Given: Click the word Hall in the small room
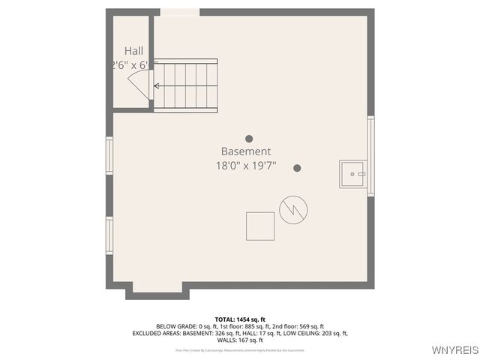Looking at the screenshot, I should pos(134,51).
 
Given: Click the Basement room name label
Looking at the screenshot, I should pos(245,151).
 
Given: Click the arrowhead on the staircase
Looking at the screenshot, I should pos(157,85).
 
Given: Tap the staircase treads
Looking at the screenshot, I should pos(187,85).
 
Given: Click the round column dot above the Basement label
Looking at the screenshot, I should pos(249,139).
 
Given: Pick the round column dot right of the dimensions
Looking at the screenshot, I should pos(297,168).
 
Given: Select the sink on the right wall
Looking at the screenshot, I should pos(352,174).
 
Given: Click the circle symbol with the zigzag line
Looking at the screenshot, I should pos(292,209).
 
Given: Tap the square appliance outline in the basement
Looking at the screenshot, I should pos(260,226).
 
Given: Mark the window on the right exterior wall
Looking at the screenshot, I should pos(370,156).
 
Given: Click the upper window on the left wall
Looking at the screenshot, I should pos(109,155).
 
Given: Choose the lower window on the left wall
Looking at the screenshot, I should pos(109,235).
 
